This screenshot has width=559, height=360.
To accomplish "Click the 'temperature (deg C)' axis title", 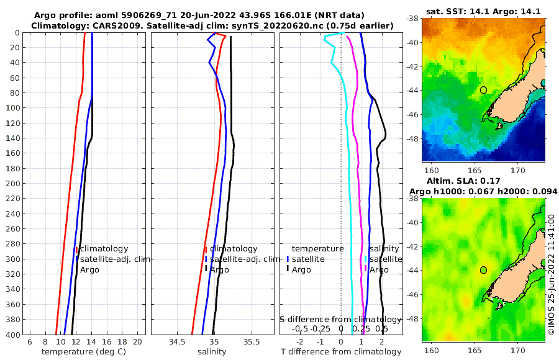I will (x=83, y=352).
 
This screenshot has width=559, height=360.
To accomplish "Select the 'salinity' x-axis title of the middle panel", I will (x=212, y=352).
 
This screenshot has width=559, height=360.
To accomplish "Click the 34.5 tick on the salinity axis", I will (x=176, y=342).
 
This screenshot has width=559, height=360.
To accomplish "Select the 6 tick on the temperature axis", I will (x=30, y=342).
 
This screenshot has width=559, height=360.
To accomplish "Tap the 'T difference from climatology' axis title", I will (x=341, y=352).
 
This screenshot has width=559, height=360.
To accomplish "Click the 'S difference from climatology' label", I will (x=340, y=319).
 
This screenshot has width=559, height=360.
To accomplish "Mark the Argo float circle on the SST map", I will (x=483, y=90).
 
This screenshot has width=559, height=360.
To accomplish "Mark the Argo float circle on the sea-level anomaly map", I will (x=483, y=270).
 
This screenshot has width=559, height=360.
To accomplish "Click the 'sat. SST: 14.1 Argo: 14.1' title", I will (x=483, y=12).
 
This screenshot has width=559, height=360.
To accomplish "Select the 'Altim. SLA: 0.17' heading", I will (x=479, y=180).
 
